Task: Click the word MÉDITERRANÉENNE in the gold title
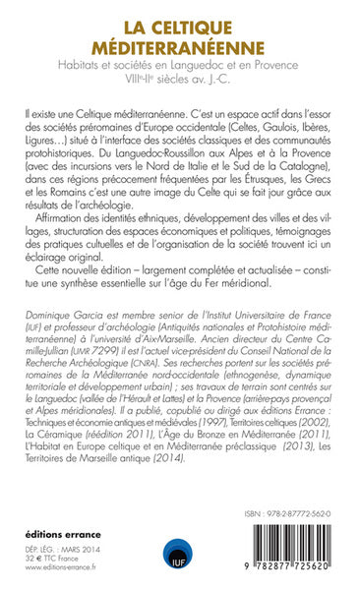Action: pos(180,45)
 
